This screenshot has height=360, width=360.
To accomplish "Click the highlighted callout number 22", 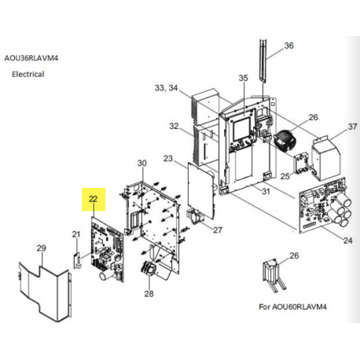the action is pyautogui.click(x=94, y=199).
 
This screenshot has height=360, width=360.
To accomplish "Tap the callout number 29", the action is pyautogui.click(x=42, y=248).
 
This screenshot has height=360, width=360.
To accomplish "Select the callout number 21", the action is pyautogui.click(x=76, y=234).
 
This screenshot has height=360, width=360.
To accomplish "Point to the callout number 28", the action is pyautogui.click(x=149, y=294).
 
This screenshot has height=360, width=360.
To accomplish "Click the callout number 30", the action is pyautogui.click(x=142, y=163).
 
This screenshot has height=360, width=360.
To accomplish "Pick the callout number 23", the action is pyautogui.click(x=168, y=159).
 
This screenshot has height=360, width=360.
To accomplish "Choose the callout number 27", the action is pyautogui.click(x=218, y=230).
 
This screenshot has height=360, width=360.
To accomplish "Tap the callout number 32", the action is pyautogui.click(x=174, y=126).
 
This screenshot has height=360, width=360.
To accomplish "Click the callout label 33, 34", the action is pyautogui.click(x=166, y=88).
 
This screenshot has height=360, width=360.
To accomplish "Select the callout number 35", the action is pyautogui.click(x=243, y=78).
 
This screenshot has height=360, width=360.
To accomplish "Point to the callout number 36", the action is pyautogui.click(x=288, y=46).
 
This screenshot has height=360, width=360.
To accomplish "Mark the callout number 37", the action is pyautogui.click(x=352, y=127).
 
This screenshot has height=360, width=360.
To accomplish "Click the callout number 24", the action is pyautogui.click(x=348, y=241).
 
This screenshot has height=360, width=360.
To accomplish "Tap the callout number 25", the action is pyautogui.click(x=285, y=176).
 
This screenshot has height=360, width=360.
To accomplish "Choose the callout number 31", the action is pyautogui.click(x=266, y=191).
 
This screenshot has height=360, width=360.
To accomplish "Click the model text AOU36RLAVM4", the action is pyautogui.click(x=31, y=58).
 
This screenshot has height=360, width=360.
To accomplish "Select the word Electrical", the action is pyautogui.click(x=28, y=74).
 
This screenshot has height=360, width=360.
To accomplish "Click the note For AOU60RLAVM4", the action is pyautogui.click(x=292, y=307).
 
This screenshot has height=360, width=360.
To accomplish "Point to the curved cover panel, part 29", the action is pyautogui.click(x=45, y=293).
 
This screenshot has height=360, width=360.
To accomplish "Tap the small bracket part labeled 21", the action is pyautogui.click(x=76, y=259).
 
